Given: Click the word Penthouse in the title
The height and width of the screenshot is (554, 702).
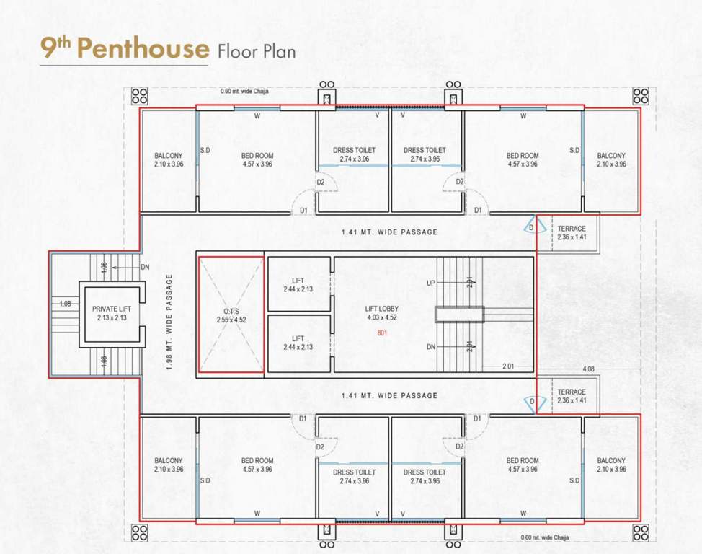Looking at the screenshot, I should point(143,48).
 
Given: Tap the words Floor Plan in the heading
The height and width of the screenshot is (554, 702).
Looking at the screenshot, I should point(256,50).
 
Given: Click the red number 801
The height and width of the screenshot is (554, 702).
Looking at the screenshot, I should point(382,333).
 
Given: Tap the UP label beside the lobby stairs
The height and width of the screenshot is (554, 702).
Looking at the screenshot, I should point(430,283).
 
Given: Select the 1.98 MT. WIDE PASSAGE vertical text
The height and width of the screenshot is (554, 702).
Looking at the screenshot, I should point(170,322).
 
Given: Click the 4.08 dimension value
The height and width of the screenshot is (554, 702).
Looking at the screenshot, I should point(590,370).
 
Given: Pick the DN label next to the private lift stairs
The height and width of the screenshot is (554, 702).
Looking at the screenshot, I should point(145,266).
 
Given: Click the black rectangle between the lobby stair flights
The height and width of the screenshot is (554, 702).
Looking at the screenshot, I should point(458,315).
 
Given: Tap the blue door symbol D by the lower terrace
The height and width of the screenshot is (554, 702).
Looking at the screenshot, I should point(533,403).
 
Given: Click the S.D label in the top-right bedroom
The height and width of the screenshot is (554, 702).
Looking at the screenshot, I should point(574,151).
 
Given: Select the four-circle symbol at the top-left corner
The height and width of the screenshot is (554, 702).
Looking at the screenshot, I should point(139,96).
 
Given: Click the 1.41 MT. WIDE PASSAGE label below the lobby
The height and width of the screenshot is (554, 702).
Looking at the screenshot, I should point(389,395).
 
